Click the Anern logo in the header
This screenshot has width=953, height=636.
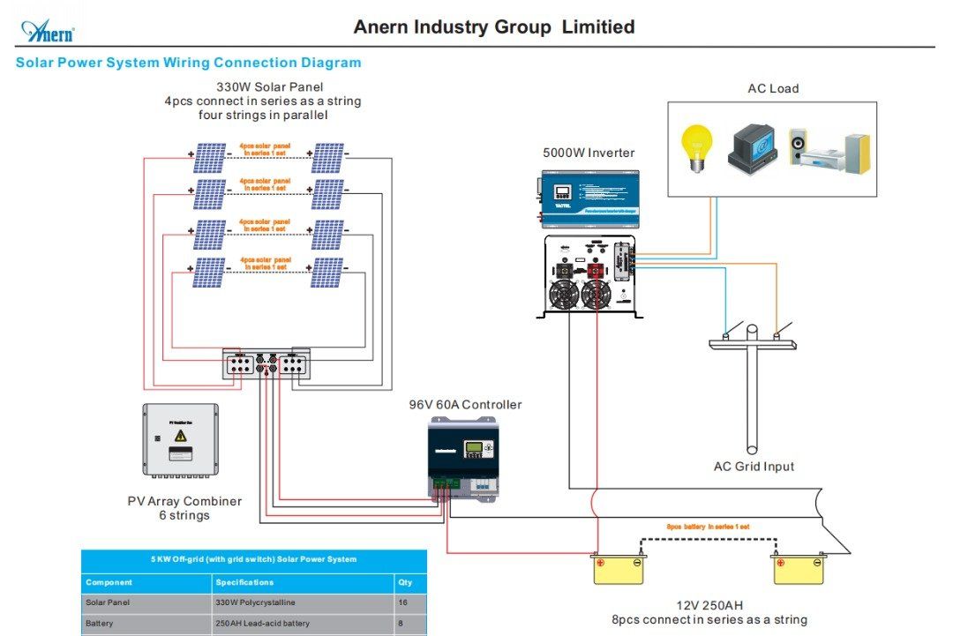(x=48, y=32)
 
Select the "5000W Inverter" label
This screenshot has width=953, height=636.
(x=589, y=153)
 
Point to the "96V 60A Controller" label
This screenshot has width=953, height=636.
(x=465, y=405)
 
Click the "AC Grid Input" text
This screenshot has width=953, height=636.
(x=754, y=467)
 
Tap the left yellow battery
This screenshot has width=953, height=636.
(x=618, y=569)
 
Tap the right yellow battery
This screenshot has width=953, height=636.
(x=799, y=569)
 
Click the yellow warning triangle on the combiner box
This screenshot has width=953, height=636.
(x=181, y=435)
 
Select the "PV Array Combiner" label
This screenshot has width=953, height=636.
(x=184, y=501)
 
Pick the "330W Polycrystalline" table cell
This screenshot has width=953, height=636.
(x=255, y=602)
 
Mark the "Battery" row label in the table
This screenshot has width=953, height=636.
(x=99, y=623)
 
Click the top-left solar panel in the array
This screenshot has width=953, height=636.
(x=210, y=159)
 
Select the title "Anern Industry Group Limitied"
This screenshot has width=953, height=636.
(x=493, y=27)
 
